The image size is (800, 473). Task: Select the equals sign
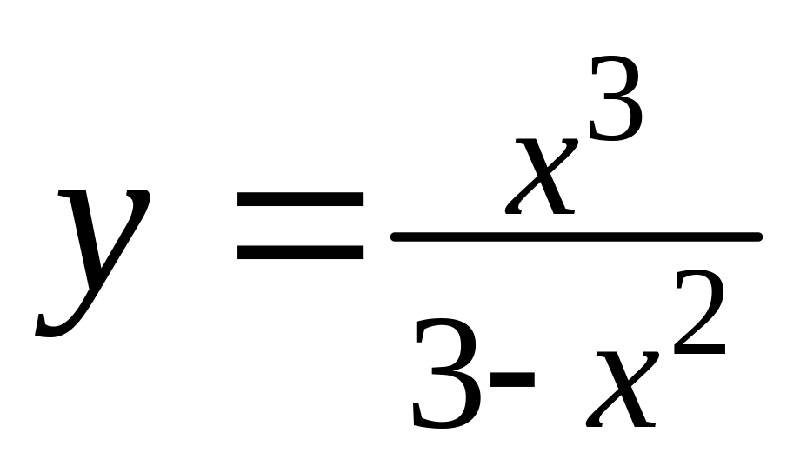point(300,227)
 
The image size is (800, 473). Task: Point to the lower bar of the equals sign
point(300,253)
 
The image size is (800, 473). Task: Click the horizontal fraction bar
point(576,236)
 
